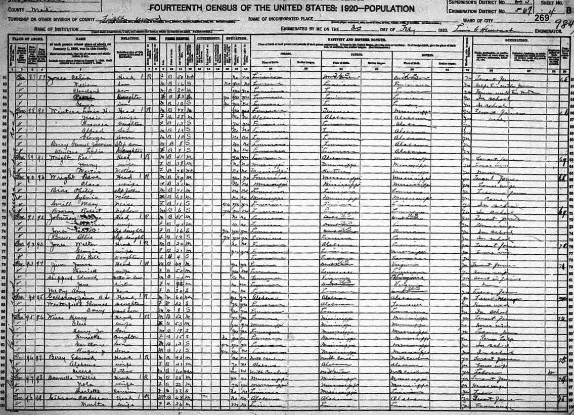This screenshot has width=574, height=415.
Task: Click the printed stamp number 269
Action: tap(541, 18)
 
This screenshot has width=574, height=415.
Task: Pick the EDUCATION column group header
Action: tap(237, 38)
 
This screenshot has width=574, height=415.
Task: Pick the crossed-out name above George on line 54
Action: tap(78, 96)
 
